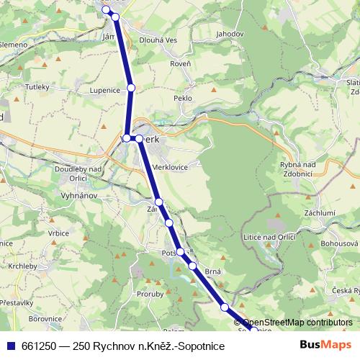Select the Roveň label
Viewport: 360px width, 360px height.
[x=180, y=63]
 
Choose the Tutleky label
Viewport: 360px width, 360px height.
[x=37, y=86]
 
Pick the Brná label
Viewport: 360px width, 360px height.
[x=212, y=271]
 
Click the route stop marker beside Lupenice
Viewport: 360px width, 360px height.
[x=131, y=88]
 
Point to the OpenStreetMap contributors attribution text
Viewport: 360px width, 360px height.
[x=295, y=323]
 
